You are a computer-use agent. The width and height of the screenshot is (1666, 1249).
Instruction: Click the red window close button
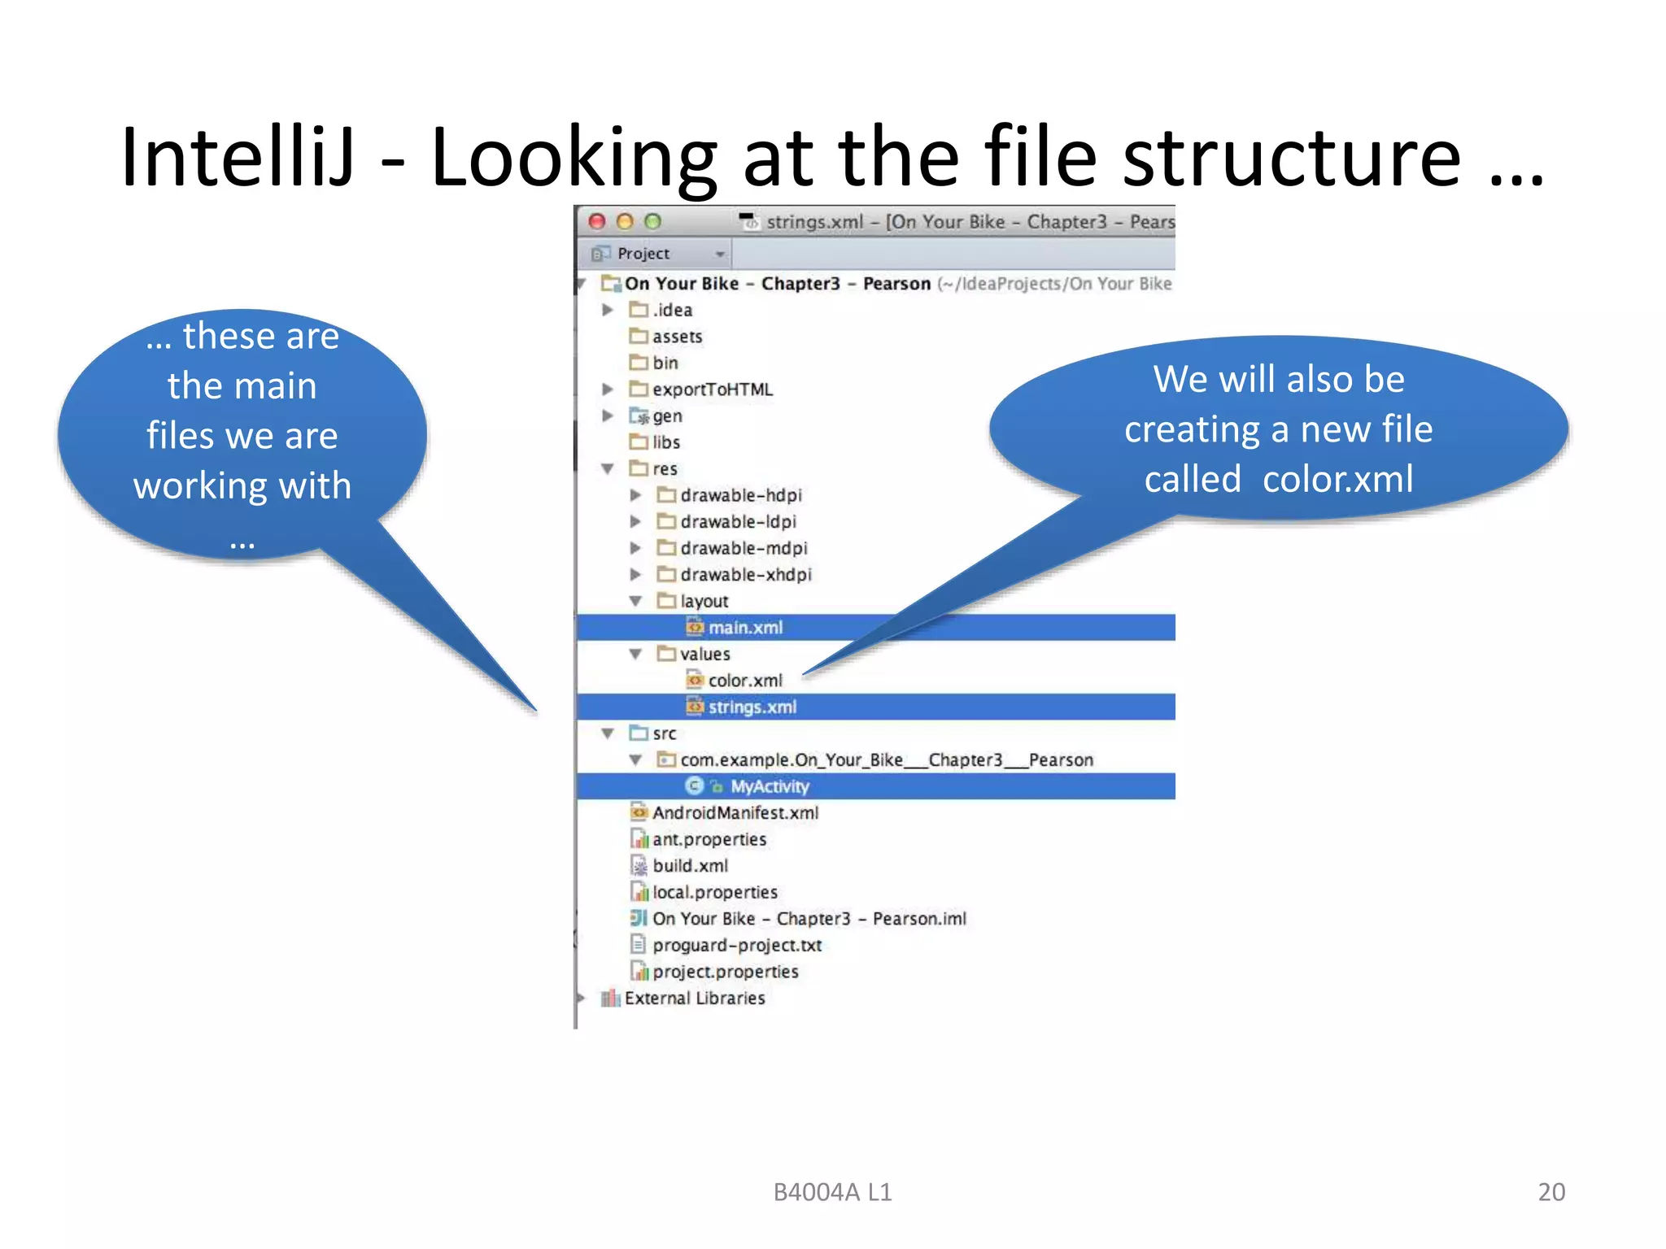(x=597, y=221)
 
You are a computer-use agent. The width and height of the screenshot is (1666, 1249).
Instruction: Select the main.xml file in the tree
(x=744, y=628)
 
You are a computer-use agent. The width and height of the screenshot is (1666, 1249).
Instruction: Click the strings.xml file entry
(x=752, y=707)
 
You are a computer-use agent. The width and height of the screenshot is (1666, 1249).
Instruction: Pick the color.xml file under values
(x=744, y=681)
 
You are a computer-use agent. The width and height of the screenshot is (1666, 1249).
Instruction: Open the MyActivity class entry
(x=769, y=786)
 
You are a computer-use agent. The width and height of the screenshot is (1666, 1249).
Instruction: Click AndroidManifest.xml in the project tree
(x=735, y=813)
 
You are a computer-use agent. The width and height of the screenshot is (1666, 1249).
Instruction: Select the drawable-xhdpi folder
(x=745, y=575)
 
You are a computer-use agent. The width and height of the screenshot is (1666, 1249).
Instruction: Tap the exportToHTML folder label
(x=712, y=389)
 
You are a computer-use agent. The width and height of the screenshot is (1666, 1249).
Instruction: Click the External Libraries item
(x=694, y=998)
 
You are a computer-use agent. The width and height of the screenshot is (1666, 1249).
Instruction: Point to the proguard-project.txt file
(x=736, y=945)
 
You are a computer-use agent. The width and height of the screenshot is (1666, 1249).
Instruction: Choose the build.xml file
(x=690, y=866)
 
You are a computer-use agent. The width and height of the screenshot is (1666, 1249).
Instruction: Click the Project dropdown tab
(x=656, y=254)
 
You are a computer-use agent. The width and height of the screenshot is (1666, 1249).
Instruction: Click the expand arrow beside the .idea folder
(x=607, y=310)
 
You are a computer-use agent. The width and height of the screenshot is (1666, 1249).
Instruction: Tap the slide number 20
(x=1550, y=1191)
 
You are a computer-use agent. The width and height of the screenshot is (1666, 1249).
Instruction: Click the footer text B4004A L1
(x=832, y=1192)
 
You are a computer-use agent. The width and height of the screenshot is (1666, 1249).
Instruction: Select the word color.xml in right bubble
(x=1337, y=479)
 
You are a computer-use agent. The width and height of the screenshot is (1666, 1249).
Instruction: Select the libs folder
(x=665, y=442)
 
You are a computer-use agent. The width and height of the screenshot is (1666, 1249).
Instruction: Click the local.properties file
(x=714, y=892)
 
